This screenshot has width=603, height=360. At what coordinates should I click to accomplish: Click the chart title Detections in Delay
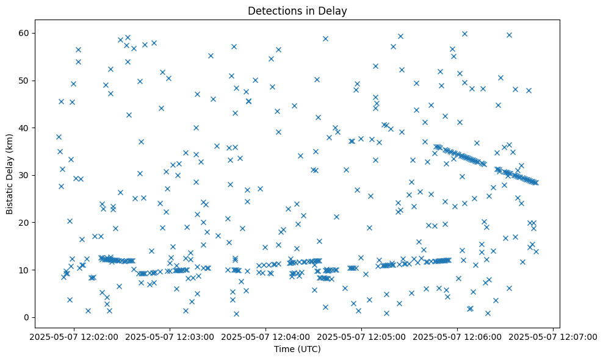[x=297, y=10]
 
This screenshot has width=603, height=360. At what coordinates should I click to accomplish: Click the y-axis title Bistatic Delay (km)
[x=10, y=165]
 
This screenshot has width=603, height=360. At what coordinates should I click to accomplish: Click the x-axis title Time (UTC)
[x=297, y=349]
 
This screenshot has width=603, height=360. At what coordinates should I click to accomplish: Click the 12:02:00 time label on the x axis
[x=74, y=336]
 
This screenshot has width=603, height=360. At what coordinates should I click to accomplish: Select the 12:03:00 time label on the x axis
[x=170, y=336]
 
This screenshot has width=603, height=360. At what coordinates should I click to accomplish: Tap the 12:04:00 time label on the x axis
[x=266, y=336]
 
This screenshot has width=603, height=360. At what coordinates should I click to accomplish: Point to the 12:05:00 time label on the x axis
[x=362, y=336]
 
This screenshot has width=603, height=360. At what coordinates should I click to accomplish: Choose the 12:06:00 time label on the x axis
[x=458, y=336]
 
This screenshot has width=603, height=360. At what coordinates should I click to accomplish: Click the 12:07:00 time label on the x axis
[x=553, y=336]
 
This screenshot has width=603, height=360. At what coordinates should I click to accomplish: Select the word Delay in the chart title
[x=334, y=10]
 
